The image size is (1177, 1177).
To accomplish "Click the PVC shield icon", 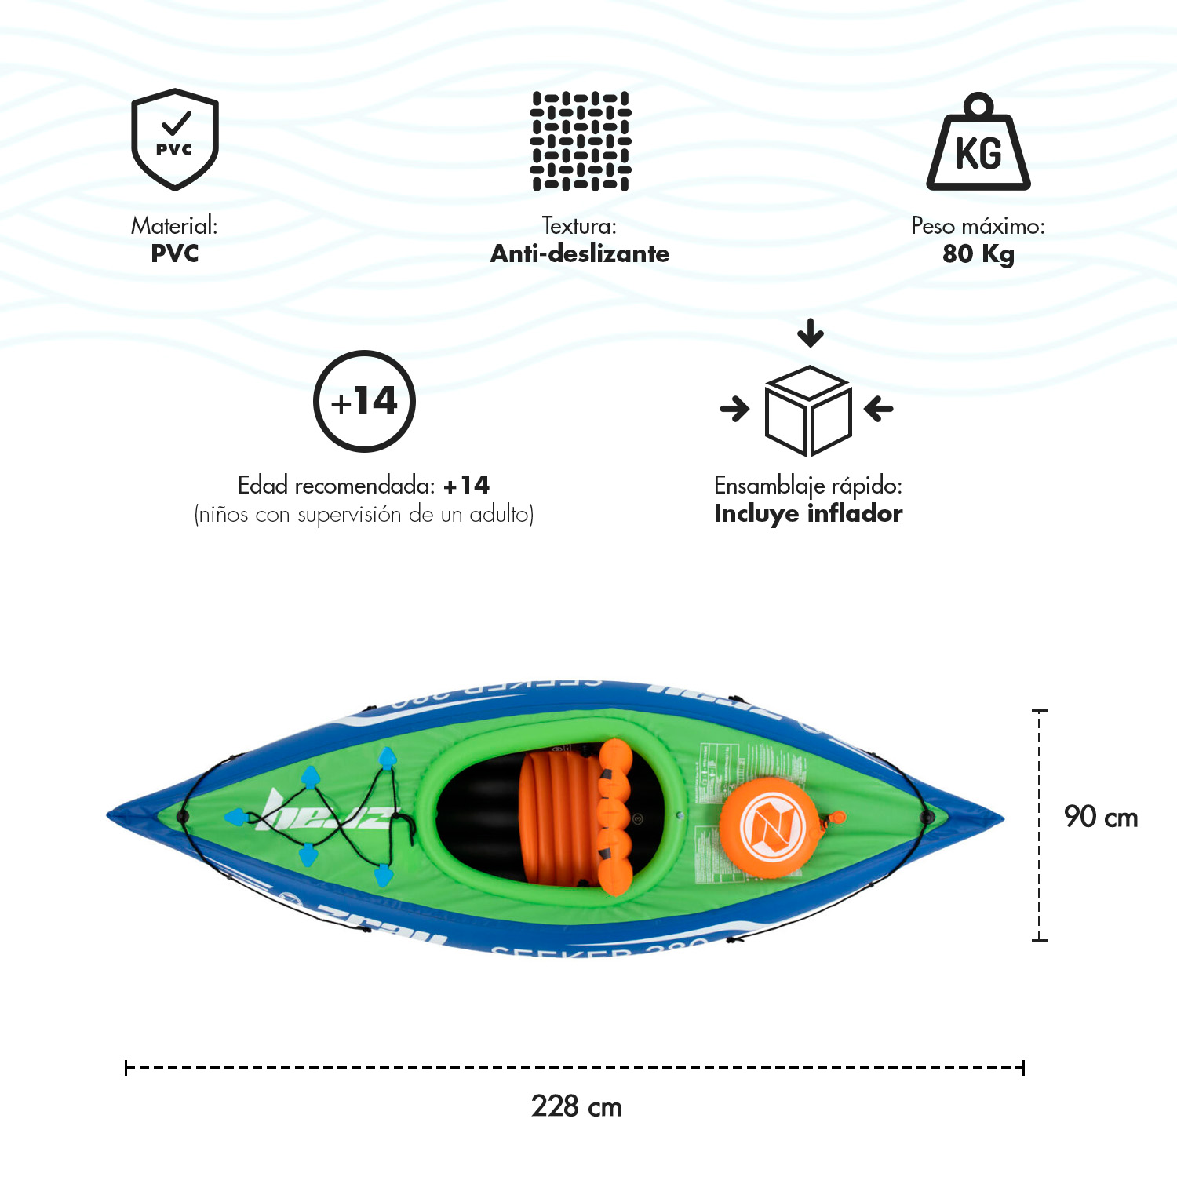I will (x=174, y=139).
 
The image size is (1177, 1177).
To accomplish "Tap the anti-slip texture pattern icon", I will (x=581, y=141).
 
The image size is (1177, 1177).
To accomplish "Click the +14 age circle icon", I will (x=364, y=401).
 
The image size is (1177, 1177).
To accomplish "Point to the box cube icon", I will (x=807, y=410).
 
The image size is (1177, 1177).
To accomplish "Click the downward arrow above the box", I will (x=811, y=333).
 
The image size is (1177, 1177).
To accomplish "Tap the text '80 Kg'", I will (x=978, y=254).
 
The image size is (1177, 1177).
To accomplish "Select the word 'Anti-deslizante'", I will (x=580, y=253).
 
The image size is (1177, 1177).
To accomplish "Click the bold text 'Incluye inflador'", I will (x=808, y=514).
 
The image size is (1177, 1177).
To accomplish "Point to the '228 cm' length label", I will (x=576, y=1106).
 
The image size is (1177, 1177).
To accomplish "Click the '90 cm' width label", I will (x=1100, y=817).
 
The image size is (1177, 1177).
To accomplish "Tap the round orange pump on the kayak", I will (x=762, y=828).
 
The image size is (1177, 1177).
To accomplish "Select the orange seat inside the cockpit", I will (x=577, y=816).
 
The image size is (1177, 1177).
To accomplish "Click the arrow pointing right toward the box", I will (x=734, y=409).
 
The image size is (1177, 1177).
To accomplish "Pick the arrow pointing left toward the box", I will (x=879, y=409).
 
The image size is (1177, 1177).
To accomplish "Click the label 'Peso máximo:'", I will (x=978, y=226).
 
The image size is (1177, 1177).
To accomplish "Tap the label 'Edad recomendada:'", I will (x=336, y=486).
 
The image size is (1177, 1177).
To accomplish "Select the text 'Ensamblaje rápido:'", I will (x=808, y=486).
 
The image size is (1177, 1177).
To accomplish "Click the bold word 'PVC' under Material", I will (x=174, y=253).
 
